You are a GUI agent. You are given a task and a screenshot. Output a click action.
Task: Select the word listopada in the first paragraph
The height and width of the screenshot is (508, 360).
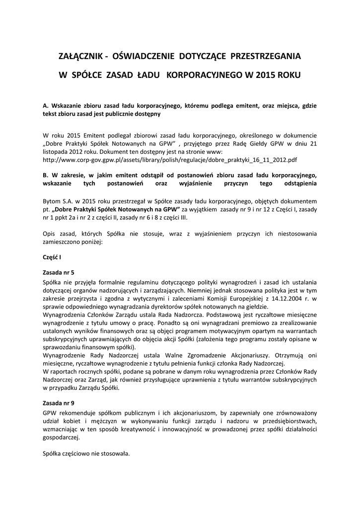tap(56, 151)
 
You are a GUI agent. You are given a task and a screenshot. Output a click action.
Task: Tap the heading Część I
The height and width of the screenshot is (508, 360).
tap(52, 257)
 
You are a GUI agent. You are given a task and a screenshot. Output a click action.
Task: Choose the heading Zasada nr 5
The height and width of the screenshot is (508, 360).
tap(59, 272)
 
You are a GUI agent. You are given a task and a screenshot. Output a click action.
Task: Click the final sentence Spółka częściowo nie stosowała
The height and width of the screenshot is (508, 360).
tap(86, 453)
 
